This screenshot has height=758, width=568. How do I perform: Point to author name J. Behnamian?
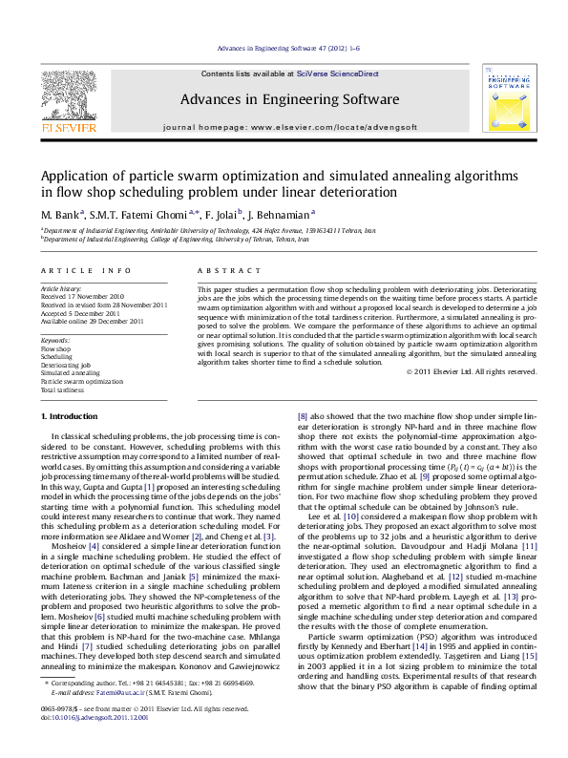(284, 215)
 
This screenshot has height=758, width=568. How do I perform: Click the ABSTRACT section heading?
(221, 271)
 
